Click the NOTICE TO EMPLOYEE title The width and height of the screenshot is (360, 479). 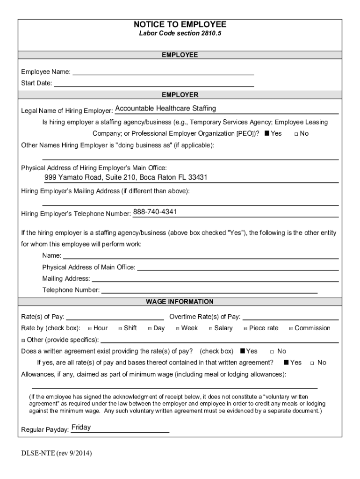180,24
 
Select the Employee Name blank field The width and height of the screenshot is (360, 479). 163,72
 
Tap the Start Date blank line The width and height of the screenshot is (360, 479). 154,83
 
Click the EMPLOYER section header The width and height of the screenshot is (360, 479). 180,95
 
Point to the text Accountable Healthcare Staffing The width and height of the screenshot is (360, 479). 166,109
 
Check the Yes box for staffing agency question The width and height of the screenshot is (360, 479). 266,134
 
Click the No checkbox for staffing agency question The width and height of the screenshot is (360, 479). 296,134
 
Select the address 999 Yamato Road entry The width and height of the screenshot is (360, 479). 126,178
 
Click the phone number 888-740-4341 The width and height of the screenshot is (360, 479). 155,212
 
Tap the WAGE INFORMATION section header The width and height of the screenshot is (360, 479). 180,302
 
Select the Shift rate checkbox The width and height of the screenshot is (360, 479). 120,328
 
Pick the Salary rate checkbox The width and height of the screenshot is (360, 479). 210,328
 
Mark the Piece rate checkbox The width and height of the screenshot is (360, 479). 245,328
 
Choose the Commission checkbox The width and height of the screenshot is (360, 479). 291,328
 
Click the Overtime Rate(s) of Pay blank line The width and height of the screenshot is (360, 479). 290,318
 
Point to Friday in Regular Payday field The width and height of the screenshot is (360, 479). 81,428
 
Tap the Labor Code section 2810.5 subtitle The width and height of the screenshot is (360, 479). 180,34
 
